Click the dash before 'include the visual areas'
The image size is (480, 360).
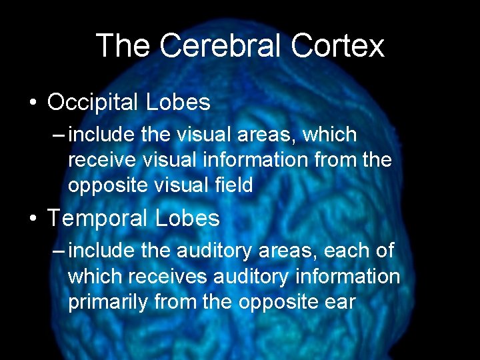pos(59,135)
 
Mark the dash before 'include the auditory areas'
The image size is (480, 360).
pos(59,251)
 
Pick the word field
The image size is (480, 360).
pos(233,185)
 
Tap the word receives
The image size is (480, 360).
pos(168,277)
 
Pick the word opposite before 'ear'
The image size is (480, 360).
pos(273,301)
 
